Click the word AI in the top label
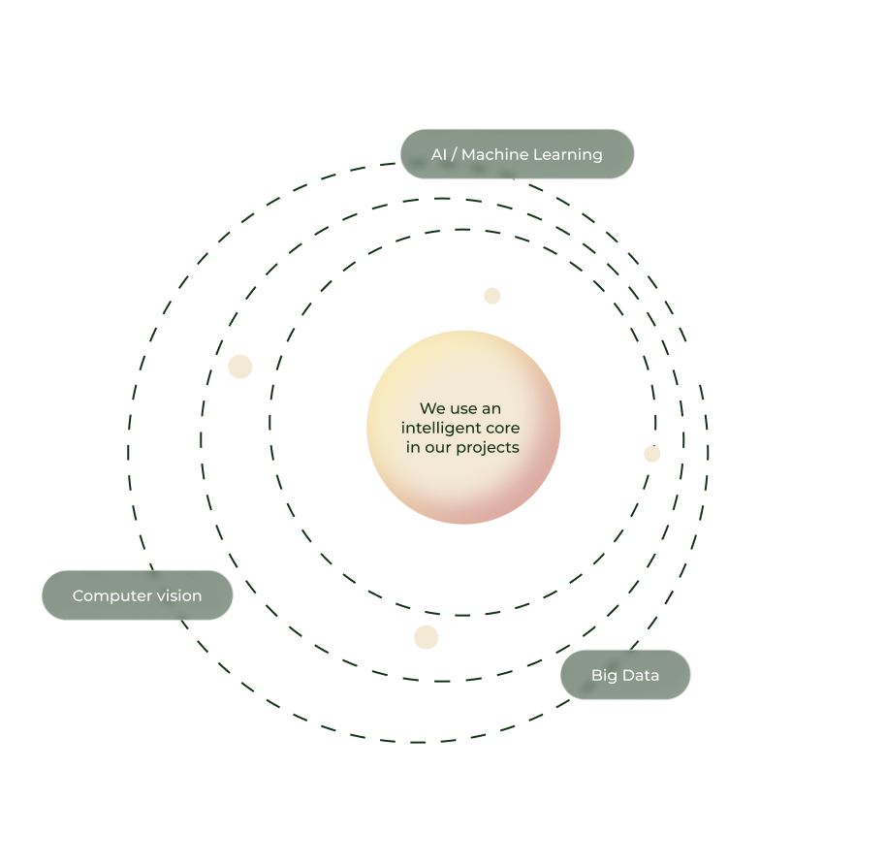click(x=438, y=154)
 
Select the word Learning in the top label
click(x=568, y=155)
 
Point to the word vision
click(x=179, y=595)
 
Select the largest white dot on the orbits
click(x=693, y=363)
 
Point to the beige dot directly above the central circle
click(x=492, y=296)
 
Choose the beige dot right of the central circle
click(x=652, y=454)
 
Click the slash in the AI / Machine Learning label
click(x=455, y=154)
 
